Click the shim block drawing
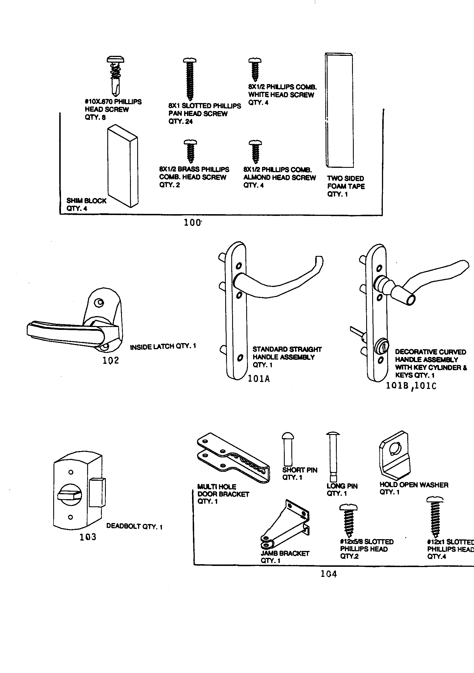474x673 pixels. pyautogui.click(x=123, y=166)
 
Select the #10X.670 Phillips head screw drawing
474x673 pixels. pyautogui.click(x=115, y=76)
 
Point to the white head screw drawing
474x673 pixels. pyautogui.click(x=255, y=69)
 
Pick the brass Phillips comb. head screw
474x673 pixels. pyautogui.click(x=190, y=151)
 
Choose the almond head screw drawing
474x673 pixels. pyautogui.click(x=255, y=151)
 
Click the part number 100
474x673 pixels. pyautogui.click(x=192, y=223)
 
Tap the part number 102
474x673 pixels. pyautogui.click(x=111, y=360)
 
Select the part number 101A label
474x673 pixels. pyautogui.click(x=259, y=379)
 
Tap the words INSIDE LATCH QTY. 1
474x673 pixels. pyautogui.click(x=163, y=347)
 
